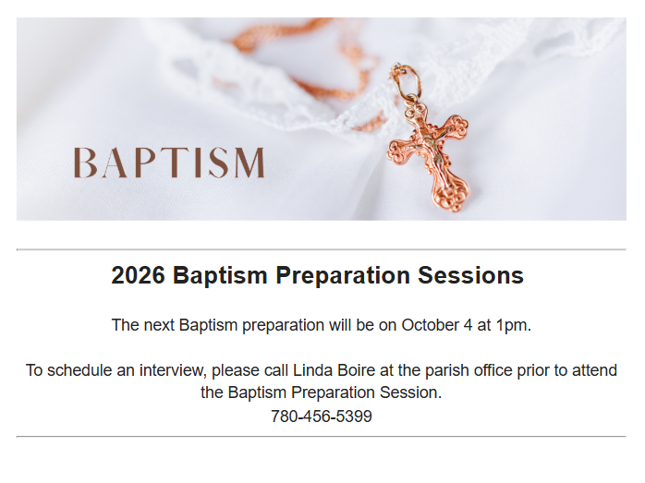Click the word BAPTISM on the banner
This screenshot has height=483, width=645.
(x=169, y=163)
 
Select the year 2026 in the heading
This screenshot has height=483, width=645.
(x=138, y=275)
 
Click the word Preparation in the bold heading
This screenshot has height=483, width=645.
(x=343, y=276)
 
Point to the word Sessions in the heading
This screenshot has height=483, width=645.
(x=470, y=275)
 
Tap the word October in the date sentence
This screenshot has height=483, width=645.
(x=430, y=325)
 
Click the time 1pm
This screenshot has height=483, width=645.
(x=514, y=325)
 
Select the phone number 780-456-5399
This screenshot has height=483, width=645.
(x=322, y=416)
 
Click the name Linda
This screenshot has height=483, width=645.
(x=312, y=370)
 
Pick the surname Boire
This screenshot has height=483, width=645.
(x=357, y=370)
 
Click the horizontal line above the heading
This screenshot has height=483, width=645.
(x=322, y=249)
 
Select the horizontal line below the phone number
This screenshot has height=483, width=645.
(x=322, y=436)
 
